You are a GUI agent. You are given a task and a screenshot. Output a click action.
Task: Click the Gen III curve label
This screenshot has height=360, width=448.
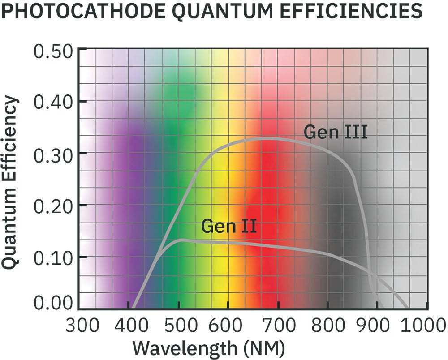point(336,132)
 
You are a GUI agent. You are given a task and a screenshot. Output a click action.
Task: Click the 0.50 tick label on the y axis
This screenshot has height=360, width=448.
point(53,51)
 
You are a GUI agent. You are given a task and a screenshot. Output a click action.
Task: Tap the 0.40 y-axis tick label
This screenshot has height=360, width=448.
point(53,102)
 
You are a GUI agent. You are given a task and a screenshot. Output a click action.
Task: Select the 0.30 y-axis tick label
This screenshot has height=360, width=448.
point(53,154)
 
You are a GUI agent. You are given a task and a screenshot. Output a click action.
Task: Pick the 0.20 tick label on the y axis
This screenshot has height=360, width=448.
point(53,205)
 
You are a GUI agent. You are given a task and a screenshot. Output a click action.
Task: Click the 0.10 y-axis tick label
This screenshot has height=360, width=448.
point(53,257)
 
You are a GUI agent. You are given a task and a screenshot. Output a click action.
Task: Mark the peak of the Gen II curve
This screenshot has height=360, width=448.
point(181,240)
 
